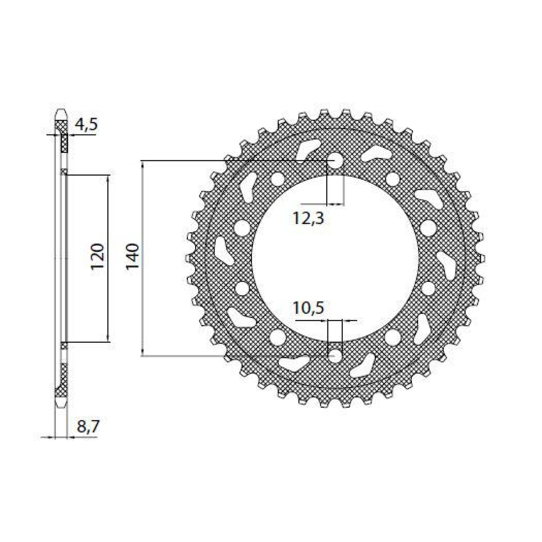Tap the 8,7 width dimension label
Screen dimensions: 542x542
point(88,427)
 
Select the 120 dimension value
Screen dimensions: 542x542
point(98,257)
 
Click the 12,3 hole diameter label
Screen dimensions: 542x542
point(308,218)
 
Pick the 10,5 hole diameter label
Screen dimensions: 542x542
point(308,308)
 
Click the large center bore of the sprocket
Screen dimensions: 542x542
point(335,258)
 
